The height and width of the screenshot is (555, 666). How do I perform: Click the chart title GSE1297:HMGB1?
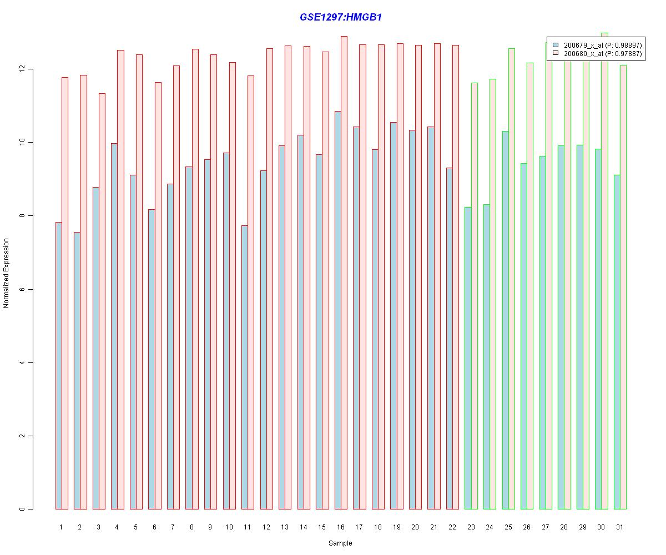[x=340, y=17]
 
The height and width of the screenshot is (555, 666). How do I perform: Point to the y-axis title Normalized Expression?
[x=6, y=273]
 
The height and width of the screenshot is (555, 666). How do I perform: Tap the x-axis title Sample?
[x=340, y=543]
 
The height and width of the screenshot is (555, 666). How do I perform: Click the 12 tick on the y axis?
[x=23, y=69]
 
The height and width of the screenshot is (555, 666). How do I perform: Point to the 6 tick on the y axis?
[x=23, y=289]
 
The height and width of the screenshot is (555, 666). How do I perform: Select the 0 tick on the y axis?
[x=23, y=509]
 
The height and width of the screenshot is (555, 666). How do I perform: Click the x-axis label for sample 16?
[x=340, y=527]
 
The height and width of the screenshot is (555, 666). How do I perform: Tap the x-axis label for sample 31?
[x=619, y=527]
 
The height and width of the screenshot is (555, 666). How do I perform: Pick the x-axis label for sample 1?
[x=60, y=527]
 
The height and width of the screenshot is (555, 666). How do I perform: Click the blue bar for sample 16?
[x=337, y=311]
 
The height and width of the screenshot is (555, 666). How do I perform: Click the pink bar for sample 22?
[x=456, y=277]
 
